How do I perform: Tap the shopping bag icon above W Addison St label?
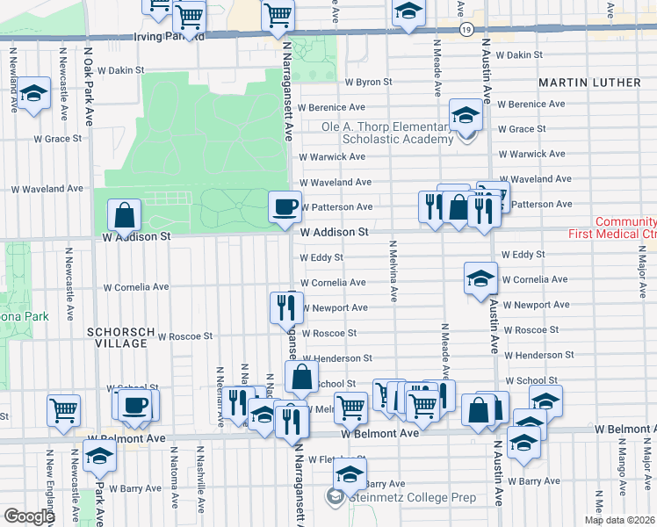(x=125, y=215)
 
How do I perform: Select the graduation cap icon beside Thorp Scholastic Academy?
(x=466, y=115)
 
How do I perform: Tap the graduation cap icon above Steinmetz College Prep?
(x=350, y=475)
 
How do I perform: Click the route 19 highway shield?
(x=467, y=30)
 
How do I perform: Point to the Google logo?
(x=28, y=516)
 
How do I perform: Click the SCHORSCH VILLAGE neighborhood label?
(x=116, y=337)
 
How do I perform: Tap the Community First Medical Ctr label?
(x=625, y=228)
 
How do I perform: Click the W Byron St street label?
(x=367, y=82)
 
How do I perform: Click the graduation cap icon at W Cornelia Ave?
(x=480, y=278)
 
